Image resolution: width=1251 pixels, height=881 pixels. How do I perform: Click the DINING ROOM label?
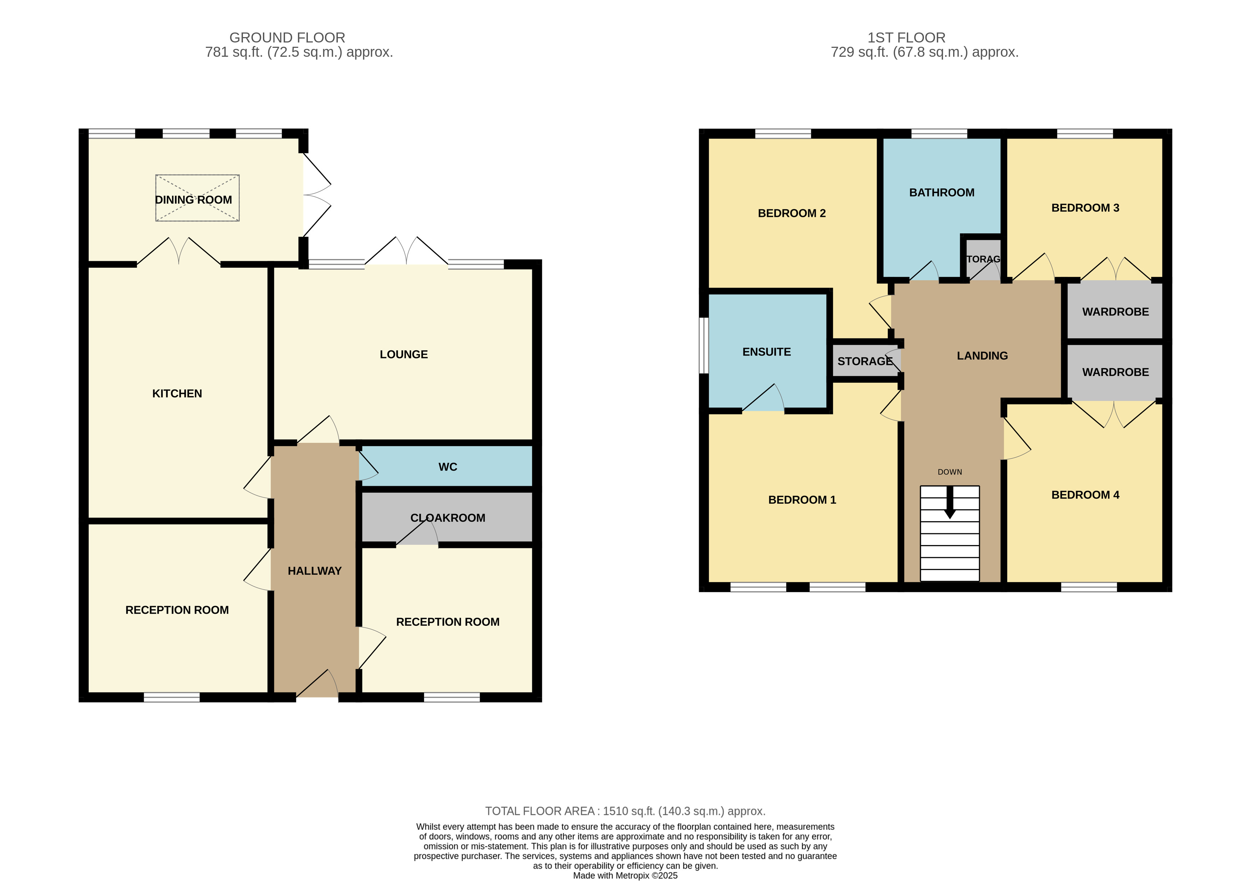pos(193,200)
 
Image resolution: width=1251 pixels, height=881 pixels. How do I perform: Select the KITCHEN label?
pos(177,394)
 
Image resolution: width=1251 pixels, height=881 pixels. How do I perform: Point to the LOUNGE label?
pos(404,354)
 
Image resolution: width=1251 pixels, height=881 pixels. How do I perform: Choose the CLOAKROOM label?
pos(448,518)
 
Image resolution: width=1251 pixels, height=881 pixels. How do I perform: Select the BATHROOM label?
pos(941,192)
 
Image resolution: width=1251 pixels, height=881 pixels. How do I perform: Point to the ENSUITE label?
pos(767,352)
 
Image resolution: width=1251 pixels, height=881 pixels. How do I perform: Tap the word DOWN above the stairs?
pos(950,472)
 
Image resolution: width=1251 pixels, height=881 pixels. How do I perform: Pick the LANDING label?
pos(982,356)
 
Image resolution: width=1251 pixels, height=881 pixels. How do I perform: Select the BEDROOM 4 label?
pos(1085,495)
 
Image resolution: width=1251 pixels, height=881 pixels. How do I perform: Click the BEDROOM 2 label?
pos(792,213)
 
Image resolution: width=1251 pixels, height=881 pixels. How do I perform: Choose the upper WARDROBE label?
pos(1115,312)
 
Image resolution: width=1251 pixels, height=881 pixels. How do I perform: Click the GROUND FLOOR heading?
pos(287,37)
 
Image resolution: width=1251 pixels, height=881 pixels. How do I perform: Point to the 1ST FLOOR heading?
pos(906,37)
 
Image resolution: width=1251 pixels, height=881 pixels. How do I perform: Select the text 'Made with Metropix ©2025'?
pos(625,876)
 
